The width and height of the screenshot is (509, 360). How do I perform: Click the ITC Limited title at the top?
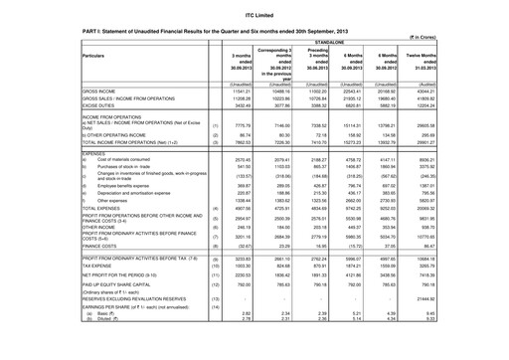254,8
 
